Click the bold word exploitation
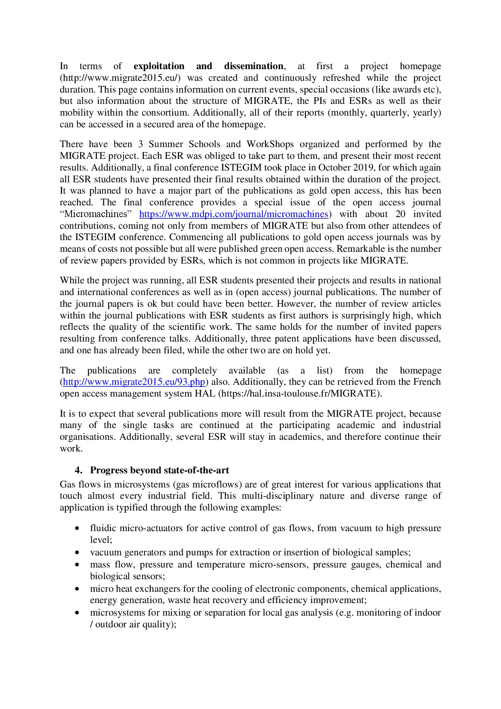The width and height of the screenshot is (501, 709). pyautogui.click(x=159, y=66)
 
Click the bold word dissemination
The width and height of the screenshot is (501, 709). pyautogui.click(x=254, y=66)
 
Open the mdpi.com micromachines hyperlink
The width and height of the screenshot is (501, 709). pyautogui.click(x=234, y=214)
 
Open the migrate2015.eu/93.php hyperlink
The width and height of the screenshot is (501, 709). pyautogui.click(x=134, y=382)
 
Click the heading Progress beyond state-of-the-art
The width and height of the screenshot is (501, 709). pyautogui.click(x=159, y=471)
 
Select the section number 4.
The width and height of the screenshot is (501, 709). pyautogui.click(x=78, y=471)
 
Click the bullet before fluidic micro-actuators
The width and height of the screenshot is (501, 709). pyautogui.click(x=77, y=528)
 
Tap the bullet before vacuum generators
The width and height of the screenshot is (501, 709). pyautogui.click(x=77, y=553)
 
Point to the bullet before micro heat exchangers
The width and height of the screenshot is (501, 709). pyautogui.click(x=77, y=589)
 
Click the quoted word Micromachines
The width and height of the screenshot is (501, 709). pyautogui.click(x=96, y=214)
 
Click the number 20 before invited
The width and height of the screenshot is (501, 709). pyautogui.click(x=400, y=214)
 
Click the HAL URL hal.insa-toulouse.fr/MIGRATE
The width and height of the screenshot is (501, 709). pyautogui.click(x=299, y=394)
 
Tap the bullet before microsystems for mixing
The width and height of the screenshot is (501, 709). pyautogui.click(x=77, y=613)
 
